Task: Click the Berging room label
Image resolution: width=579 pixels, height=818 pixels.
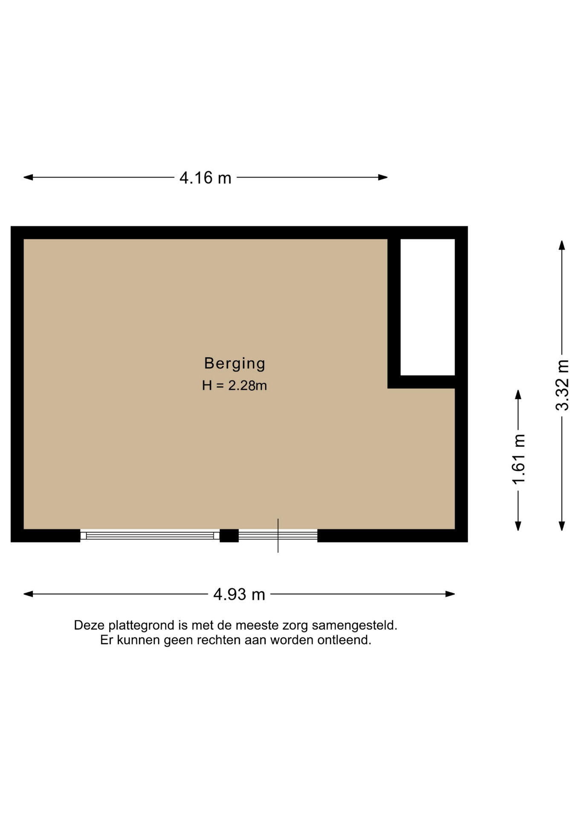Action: click(234, 363)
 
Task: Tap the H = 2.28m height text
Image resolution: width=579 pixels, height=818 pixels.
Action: click(234, 386)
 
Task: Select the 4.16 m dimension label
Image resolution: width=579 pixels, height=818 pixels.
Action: click(206, 178)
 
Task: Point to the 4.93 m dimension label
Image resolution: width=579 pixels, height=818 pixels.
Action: click(239, 594)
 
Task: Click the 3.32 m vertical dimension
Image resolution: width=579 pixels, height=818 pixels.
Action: click(562, 385)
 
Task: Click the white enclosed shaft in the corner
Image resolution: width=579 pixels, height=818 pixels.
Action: click(428, 307)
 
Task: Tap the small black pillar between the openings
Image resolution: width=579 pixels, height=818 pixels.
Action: click(229, 536)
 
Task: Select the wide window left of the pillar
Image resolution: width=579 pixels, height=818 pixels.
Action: click(150, 536)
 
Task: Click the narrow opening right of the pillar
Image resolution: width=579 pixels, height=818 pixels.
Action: click(278, 536)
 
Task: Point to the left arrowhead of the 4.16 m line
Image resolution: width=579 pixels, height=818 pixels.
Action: click(28, 177)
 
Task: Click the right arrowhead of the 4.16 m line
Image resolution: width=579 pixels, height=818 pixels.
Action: click(383, 177)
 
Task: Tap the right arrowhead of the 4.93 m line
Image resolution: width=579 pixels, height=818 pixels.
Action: click(450, 594)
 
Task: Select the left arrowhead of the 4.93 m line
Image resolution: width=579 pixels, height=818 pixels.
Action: click(28, 594)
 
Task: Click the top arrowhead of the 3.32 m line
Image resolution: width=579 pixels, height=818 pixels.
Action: click(562, 245)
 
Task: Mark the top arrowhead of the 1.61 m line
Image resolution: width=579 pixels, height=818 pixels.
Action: click(518, 395)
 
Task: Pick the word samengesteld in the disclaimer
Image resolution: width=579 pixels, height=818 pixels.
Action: click(355, 626)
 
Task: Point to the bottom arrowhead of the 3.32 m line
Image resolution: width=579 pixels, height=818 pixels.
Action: click(562, 526)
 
